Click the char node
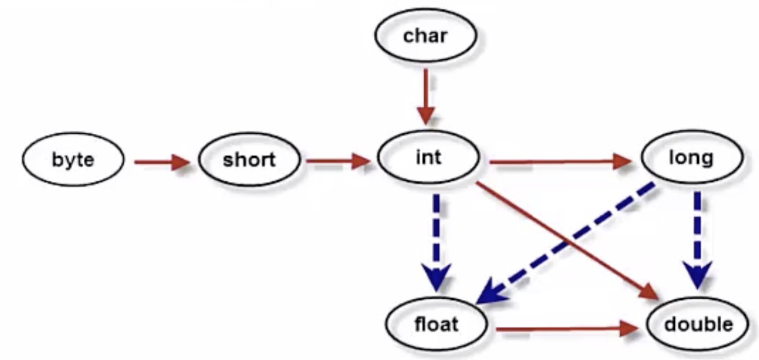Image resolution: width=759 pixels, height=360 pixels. tap(425, 35)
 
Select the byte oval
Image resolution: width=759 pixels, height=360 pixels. tap(73, 160)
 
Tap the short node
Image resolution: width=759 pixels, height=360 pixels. tap(249, 160)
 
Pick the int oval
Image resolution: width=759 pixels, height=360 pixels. tap(428, 158)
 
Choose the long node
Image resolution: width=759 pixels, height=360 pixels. tap(692, 158)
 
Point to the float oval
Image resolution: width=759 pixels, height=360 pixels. tap(436, 325)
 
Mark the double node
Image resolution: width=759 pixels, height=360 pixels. tap(698, 325)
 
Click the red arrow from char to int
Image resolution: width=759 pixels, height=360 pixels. tap(425, 93)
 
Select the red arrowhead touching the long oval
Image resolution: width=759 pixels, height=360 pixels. tap(623, 161)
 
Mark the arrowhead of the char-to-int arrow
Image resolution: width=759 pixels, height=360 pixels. tap(425, 113)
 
